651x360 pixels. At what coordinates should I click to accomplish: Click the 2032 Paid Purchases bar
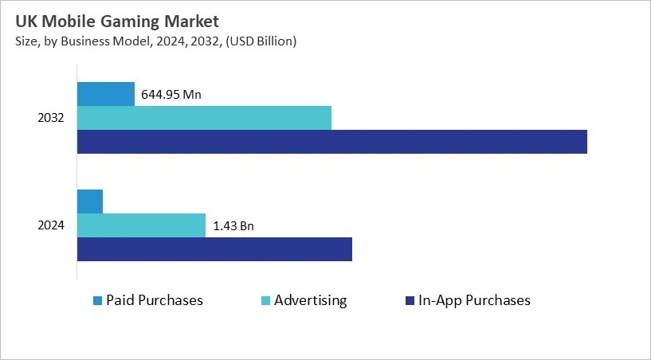point(105,94)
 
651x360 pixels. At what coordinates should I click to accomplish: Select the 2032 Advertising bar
point(204,118)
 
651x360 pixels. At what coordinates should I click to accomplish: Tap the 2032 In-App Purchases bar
point(331,142)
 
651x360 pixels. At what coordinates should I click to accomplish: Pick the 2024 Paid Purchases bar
point(90,202)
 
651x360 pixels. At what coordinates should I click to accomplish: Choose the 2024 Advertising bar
point(141,225)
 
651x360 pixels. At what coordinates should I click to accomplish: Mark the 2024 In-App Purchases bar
point(214,248)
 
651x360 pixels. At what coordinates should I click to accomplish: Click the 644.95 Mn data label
point(171,95)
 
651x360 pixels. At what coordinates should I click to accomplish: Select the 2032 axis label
point(51,118)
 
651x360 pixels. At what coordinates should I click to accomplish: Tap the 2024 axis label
point(51,225)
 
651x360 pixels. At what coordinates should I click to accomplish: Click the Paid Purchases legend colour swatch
point(98,301)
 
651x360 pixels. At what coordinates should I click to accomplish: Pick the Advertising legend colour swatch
point(267,301)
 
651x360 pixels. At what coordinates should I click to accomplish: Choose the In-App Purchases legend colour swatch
point(411,301)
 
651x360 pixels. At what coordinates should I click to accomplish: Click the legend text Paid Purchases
point(155,300)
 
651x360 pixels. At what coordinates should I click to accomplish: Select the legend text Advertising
point(311,300)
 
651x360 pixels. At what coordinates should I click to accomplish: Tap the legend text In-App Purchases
point(475,300)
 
